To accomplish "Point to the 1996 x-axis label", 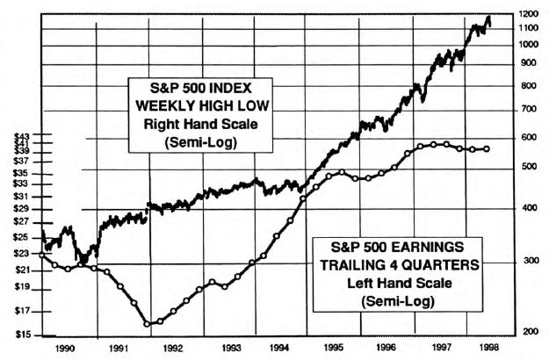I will pos(386,348).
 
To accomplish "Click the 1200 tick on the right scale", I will pos(529,14).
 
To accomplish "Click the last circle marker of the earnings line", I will pos(488,148).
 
